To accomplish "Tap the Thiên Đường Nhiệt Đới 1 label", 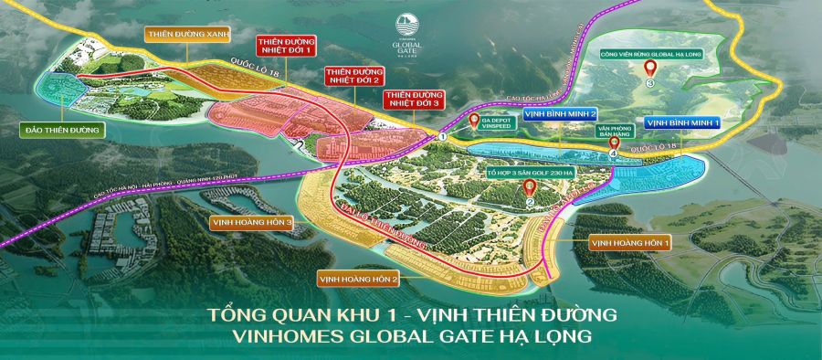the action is (285, 47).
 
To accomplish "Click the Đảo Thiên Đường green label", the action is (63, 131).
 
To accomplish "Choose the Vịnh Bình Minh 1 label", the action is (683, 122).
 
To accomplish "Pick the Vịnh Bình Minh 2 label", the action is (561, 114).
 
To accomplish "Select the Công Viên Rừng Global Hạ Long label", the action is (649, 53).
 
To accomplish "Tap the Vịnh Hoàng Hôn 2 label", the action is (358, 278).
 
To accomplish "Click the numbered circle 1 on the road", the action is (442, 136).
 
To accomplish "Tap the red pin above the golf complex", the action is (529, 187).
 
